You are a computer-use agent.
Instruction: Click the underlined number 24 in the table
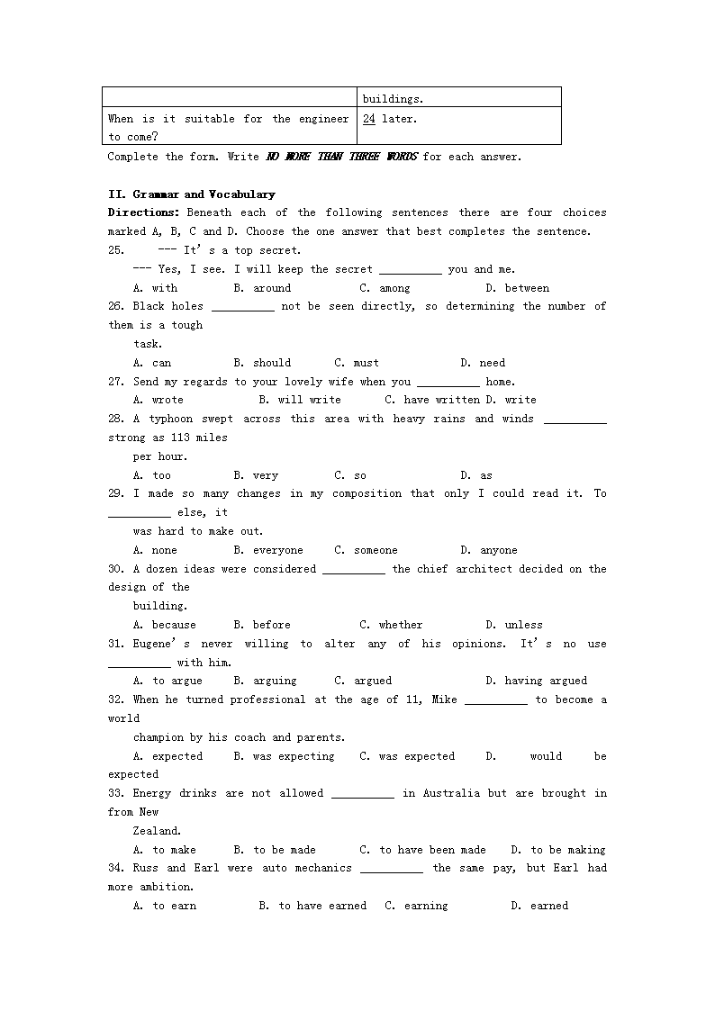click(369, 119)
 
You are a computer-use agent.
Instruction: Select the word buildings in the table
click(393, 99)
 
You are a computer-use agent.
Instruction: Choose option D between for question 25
click(517, 288)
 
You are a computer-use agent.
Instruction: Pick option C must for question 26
click(357, 363)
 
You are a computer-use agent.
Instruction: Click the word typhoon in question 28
click(183, 419)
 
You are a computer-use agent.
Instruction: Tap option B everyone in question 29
click(268, 550)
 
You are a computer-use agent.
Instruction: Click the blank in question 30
click(354, 570)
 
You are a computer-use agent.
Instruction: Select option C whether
click(391, 625)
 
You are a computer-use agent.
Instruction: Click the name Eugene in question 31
click(158, 644)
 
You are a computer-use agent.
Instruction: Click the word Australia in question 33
click(448, 793)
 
